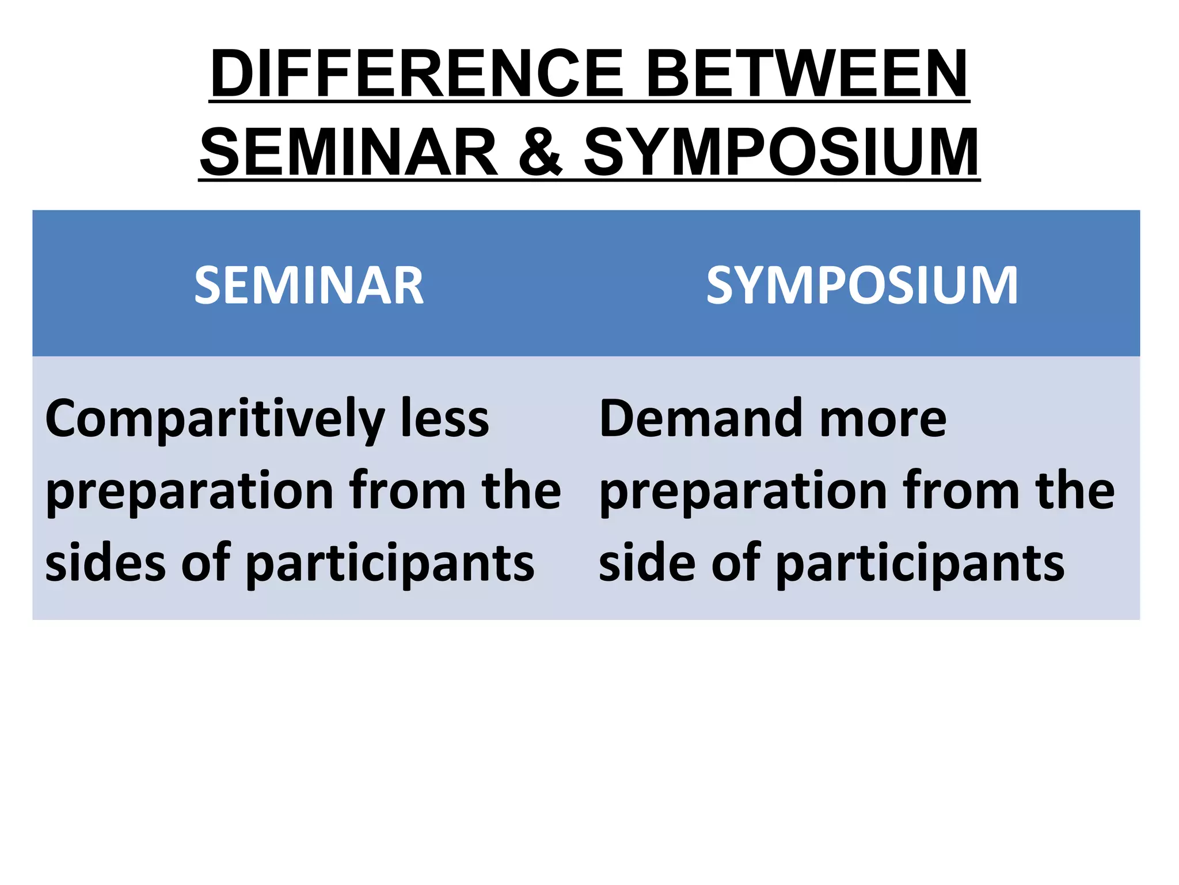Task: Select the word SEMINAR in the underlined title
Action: pos(349,152)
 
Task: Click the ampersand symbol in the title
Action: pos(540,152)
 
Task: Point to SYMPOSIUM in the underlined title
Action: pos(781,152)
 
